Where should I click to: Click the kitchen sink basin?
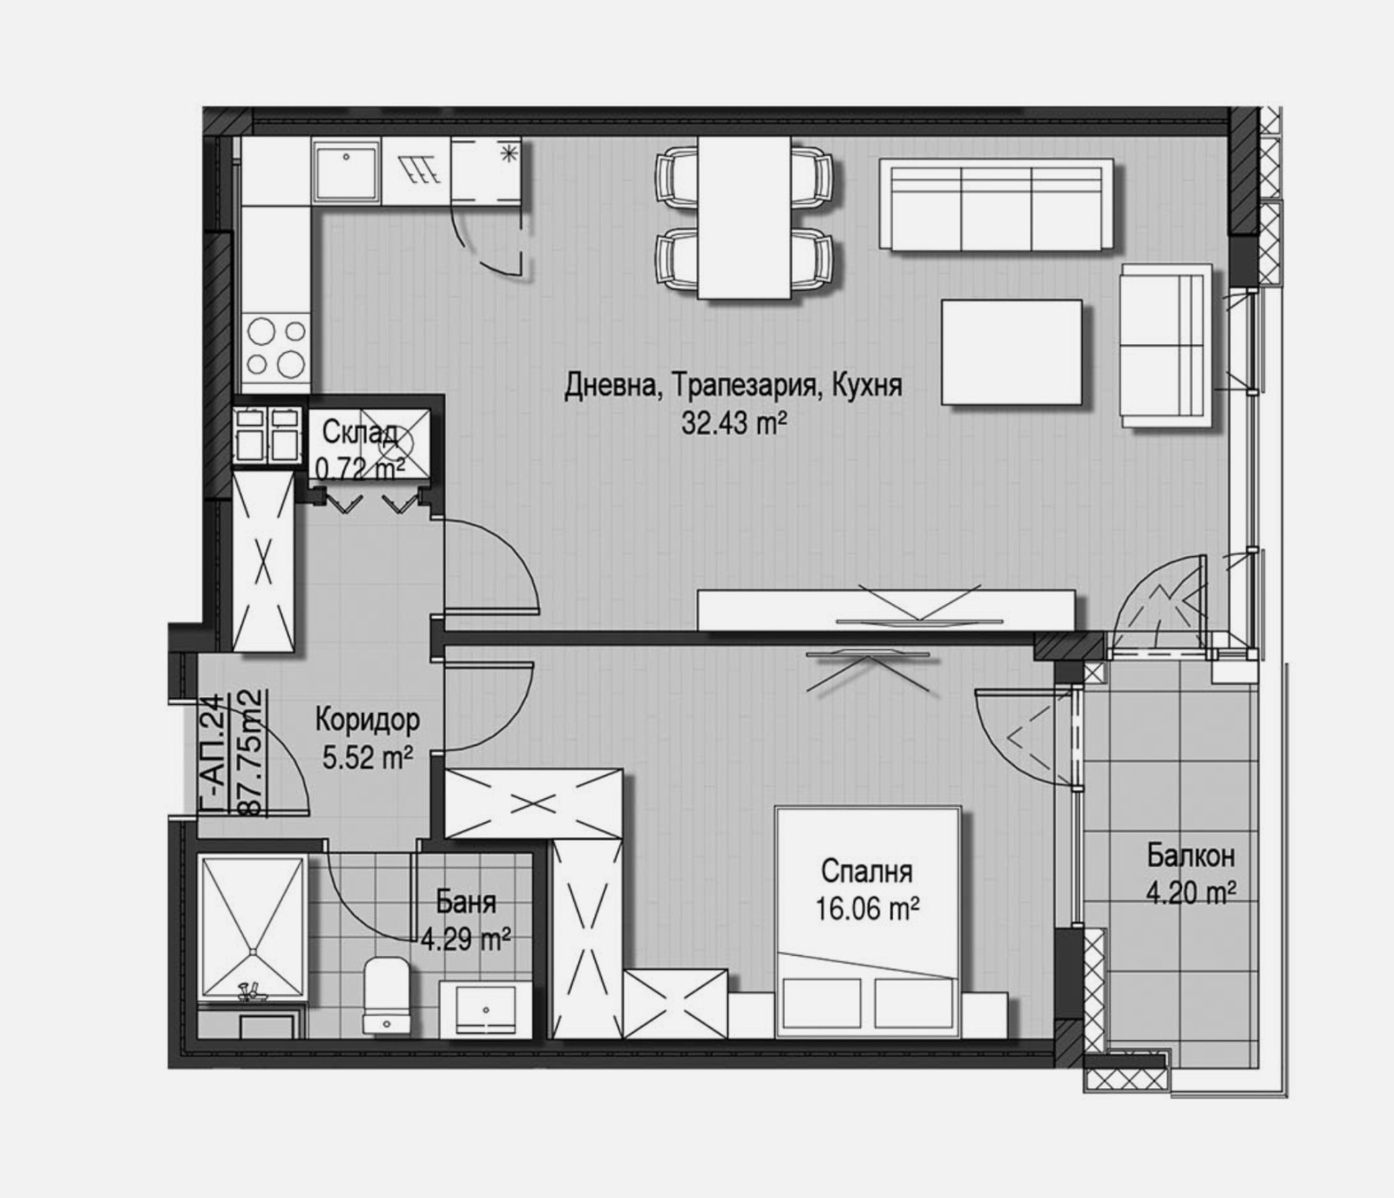coord(347,171)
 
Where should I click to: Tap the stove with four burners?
coord(276,346)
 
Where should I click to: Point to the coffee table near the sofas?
coord(1012,352)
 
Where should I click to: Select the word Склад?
coord(361,432)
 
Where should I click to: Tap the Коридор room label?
coord(367,720)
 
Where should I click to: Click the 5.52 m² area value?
coord(368,758)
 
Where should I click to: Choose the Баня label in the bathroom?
coord(465,902)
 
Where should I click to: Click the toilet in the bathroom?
coord(384,996)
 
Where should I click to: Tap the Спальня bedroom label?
coord(866,870)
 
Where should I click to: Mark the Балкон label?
coord(1190,856)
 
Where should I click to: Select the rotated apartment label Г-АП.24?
coord(210,755)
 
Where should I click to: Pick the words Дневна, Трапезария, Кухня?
coord(733,385)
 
